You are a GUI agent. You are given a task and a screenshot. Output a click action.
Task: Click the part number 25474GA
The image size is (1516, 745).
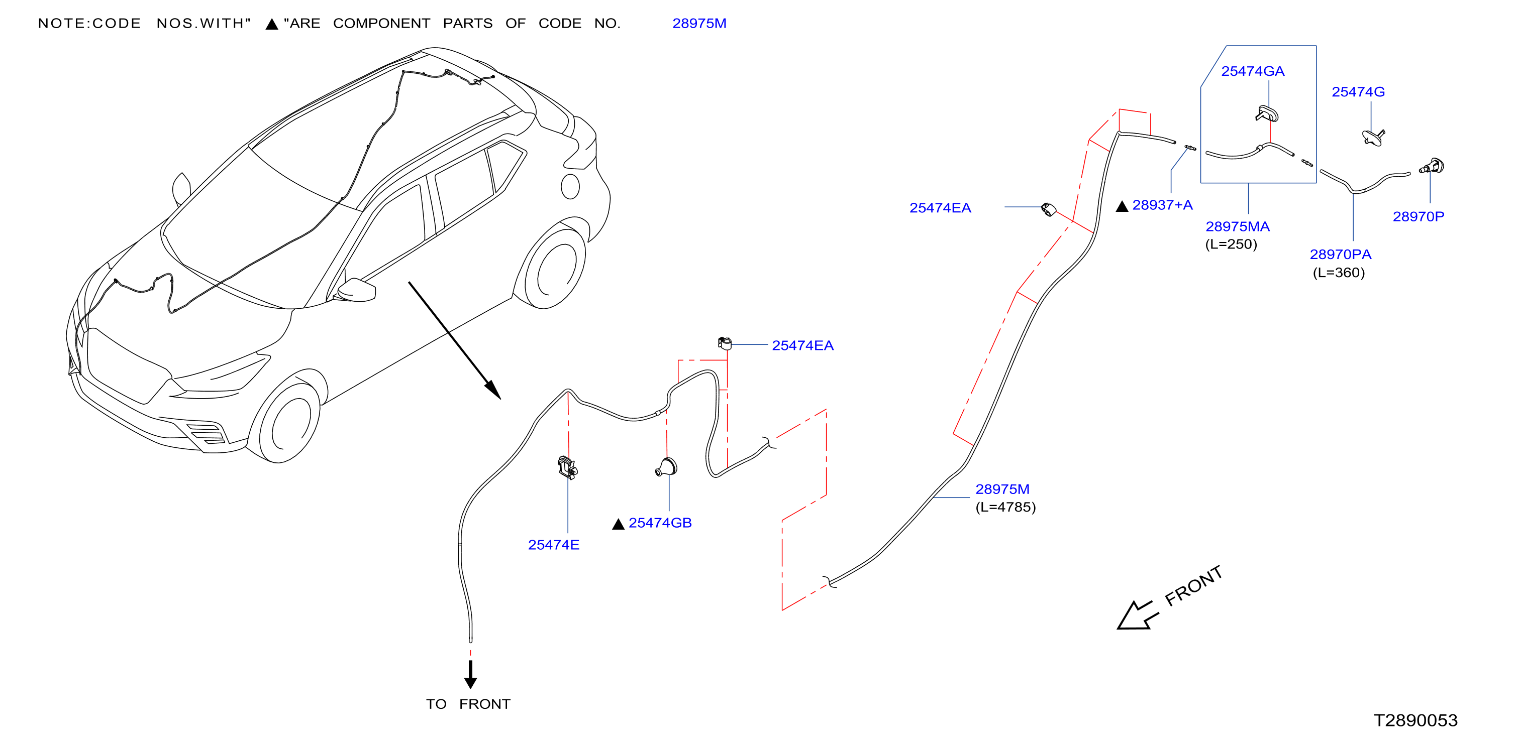click(x=1252, y=71)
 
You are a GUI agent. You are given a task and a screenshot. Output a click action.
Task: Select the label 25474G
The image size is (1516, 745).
click(x=1358, y=92)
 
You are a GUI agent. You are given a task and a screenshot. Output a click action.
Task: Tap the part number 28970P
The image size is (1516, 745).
click(x=1419, y=216)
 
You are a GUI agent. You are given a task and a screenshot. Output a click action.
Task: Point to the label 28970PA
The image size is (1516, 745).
click(x=1341, y=254)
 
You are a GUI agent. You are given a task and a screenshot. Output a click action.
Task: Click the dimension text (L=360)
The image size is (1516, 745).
click(x=1339, y=272)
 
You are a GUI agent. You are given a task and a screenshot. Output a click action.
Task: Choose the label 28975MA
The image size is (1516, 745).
click(x=1238, y=226)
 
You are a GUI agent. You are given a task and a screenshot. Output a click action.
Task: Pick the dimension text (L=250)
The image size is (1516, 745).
click(x=1231, y=244)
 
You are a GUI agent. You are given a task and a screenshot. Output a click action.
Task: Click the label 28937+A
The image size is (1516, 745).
click(x=1162, y=205)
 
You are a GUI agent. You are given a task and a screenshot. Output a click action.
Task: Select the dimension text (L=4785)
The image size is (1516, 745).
click(x=1006, y=507)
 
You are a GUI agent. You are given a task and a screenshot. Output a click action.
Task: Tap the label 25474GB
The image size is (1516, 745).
click(x=660, y=523)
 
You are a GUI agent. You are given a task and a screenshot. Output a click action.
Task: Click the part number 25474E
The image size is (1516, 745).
click(x=554, y=545)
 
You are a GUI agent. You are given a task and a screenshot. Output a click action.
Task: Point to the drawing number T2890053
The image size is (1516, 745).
click(x=1416, y=720)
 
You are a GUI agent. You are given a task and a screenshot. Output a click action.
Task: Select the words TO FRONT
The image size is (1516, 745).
click(x=468, y=704)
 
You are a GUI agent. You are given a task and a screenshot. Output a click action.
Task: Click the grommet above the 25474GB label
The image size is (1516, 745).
click(x=666, y=467)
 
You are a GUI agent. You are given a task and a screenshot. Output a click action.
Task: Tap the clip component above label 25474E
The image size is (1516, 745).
click(x=567, y=467)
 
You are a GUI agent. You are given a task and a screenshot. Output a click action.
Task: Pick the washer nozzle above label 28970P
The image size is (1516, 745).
click(x=1433, y=167)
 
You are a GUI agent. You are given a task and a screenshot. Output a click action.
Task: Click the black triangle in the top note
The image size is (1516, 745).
click(x=272, y=24)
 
